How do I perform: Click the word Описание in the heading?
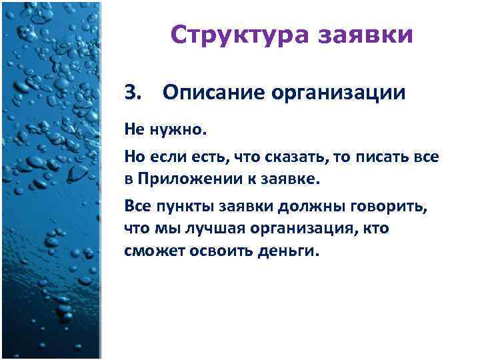point(207,93)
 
